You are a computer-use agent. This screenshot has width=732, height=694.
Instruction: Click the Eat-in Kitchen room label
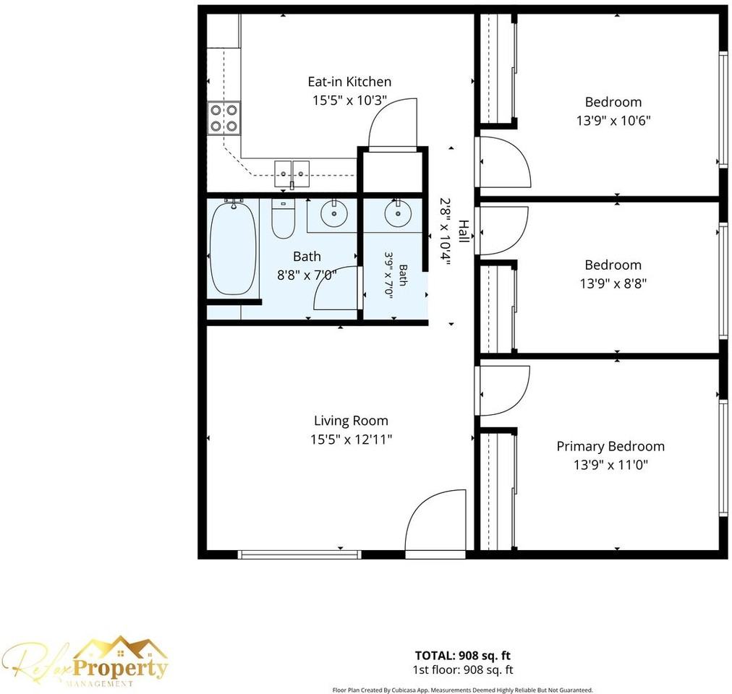click(349, 82)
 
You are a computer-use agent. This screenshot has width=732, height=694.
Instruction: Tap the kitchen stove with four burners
click(224, 118)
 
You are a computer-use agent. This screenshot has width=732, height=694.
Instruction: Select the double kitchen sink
click(291, 173)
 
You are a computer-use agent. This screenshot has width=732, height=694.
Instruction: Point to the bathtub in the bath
click(232, 247)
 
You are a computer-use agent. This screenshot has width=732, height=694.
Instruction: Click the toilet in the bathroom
click(283, 218)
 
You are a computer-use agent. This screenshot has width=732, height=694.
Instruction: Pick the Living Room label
click(351, 421)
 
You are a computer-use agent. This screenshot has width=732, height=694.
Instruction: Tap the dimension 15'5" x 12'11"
click(351, 440)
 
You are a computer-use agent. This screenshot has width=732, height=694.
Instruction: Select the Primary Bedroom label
click(610, 446)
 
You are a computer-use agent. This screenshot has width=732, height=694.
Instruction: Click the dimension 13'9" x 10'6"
click(613, 121)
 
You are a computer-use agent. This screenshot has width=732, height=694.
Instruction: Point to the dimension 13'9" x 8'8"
click(613, 283)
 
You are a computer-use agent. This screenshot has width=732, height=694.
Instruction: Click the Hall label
click(463, 231)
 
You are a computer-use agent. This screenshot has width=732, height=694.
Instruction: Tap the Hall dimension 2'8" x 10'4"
click(446, 231)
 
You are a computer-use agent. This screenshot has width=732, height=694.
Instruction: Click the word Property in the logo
click(121, 668)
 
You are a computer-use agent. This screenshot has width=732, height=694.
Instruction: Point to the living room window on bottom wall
click(299, 554)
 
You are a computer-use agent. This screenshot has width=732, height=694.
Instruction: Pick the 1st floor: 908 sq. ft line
click(463, 669)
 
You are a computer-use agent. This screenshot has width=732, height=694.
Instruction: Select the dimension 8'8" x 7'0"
click(307, 275)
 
